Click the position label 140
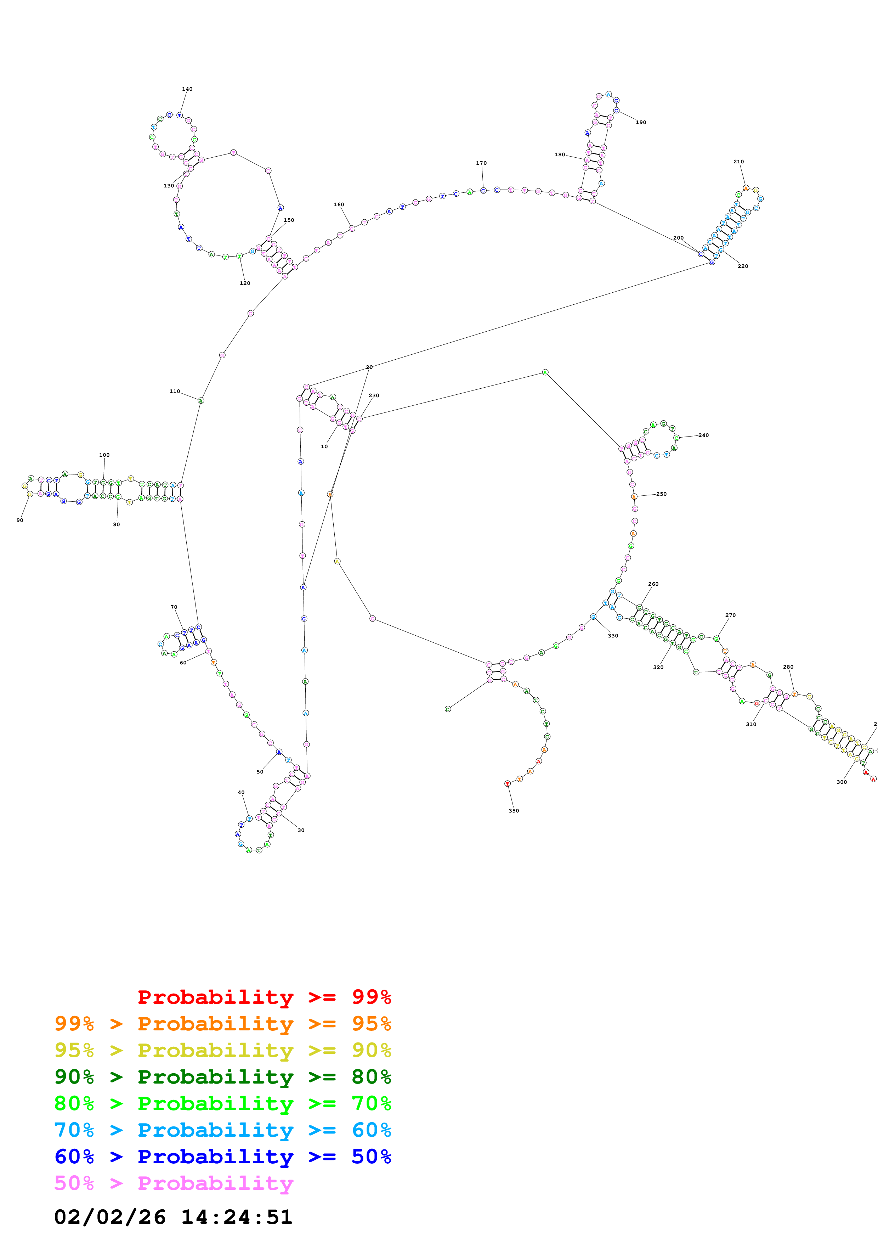pos(187,89)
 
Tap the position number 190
pos(640,122)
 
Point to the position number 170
pos(481,163)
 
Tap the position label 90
pos(20,520)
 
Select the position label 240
pos(703,435)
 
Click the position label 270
pos(730,615)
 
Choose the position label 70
pos(174,607)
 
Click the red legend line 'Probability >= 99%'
pos(264,997)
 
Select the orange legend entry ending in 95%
pos(223,1024)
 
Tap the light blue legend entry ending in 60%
pos(223,1130)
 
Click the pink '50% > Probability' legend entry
pos(174,1183)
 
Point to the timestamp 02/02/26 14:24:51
pos(173,1217)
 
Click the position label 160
pos(339,205)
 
